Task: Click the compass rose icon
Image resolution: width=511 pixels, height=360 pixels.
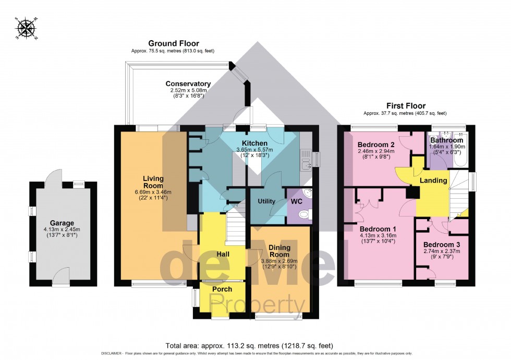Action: point(25,29)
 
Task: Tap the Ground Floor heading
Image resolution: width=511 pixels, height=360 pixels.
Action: point(174,43)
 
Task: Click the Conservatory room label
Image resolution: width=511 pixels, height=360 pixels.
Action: point(188,83)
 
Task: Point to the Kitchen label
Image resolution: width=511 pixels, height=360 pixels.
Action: point(254,143)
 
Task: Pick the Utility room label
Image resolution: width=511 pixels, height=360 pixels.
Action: point(266,201)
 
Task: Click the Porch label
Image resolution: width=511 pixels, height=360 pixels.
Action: point(222,289)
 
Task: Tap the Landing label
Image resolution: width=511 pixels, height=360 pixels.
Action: point(434,181)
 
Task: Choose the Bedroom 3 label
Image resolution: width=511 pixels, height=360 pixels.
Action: point(441,244)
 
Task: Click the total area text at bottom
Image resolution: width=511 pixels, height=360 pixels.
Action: point(249,345)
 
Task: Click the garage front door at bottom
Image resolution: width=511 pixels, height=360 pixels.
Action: point(63,276)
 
